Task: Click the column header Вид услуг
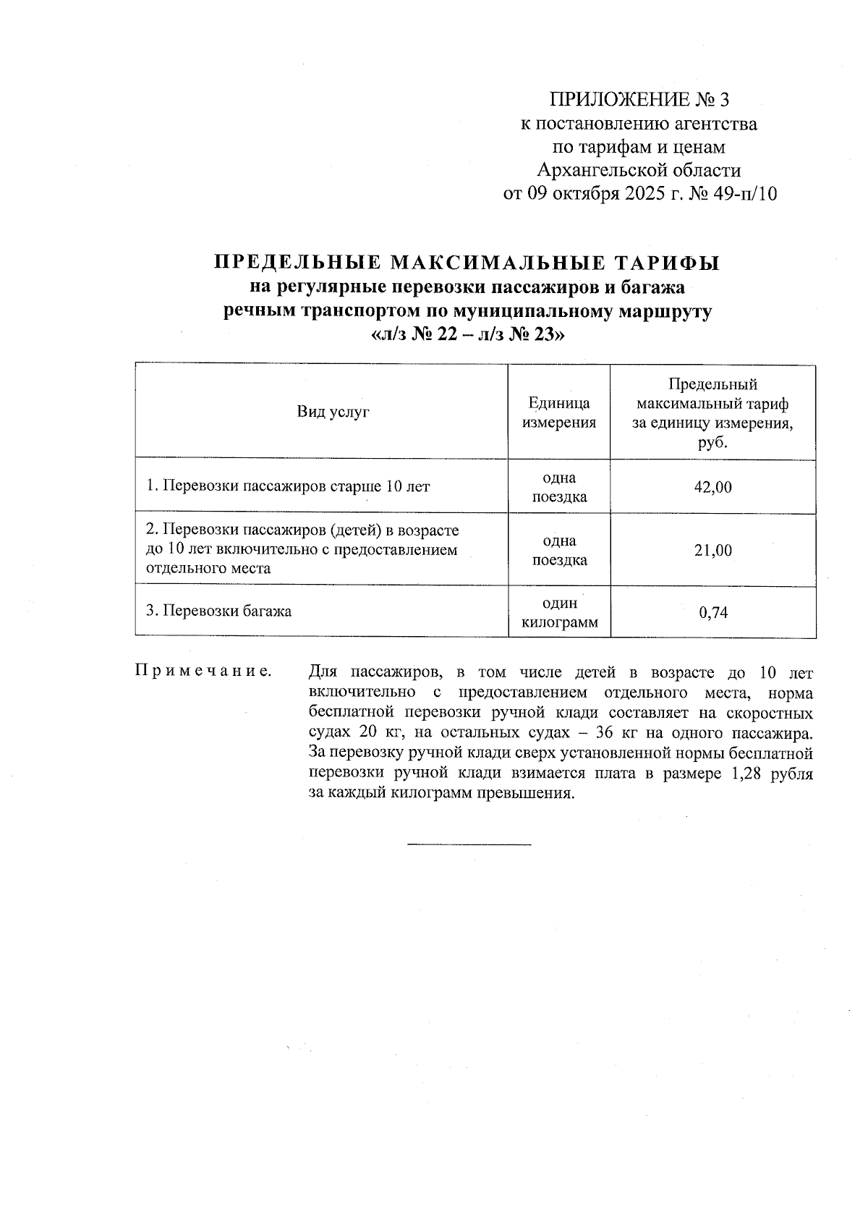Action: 333,412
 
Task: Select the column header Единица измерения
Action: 559,412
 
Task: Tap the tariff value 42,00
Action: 712,487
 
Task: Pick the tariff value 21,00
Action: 712,551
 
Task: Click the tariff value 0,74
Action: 712,613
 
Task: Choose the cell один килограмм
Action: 559,613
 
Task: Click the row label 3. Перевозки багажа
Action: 219,611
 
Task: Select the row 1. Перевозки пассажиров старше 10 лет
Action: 288,486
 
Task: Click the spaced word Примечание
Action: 203,672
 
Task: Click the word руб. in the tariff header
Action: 712,443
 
